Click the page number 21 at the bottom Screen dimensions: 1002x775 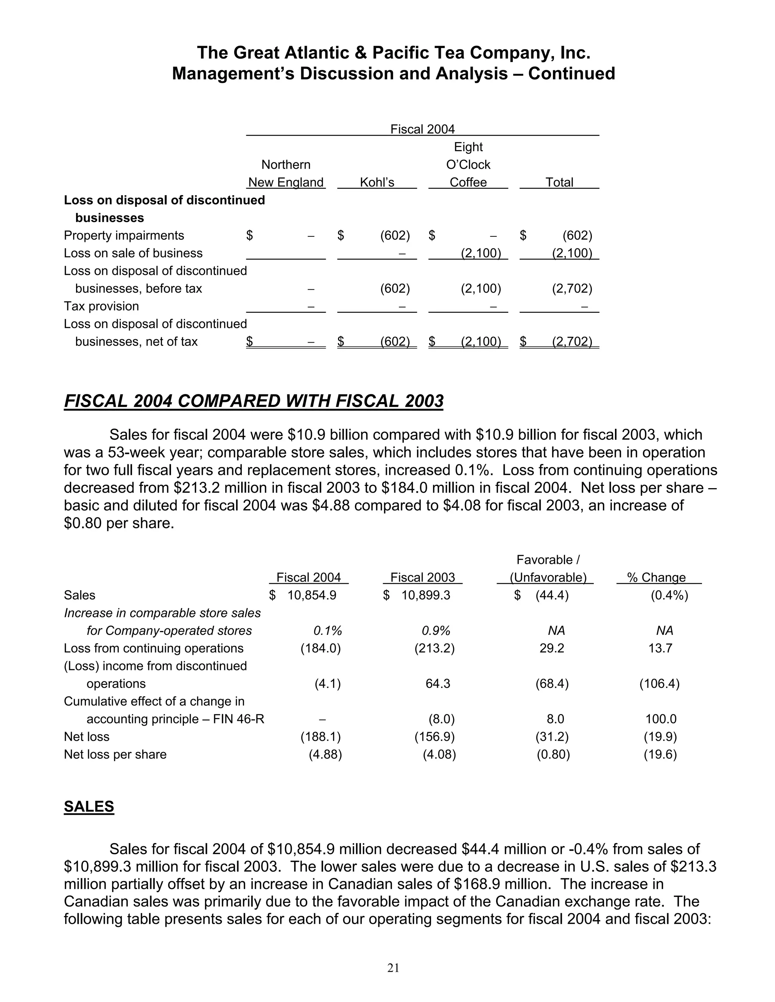[393, 968]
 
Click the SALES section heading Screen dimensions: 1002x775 [89, 806]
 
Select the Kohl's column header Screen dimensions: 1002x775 [377, 182]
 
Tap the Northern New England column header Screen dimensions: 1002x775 [286, 174]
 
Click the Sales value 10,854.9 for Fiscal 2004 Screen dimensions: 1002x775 [312, 595]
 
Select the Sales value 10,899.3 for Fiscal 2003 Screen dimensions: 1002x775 [426, 595]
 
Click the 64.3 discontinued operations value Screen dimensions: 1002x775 [437, 684]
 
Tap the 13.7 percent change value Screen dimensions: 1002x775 [660, 648]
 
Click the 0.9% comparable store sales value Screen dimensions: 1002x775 [436, 630]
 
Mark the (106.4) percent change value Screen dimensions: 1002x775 [659, 684]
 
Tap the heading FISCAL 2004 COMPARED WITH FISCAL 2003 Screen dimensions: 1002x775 [254, 401]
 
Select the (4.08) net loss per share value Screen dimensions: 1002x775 [439, 754]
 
